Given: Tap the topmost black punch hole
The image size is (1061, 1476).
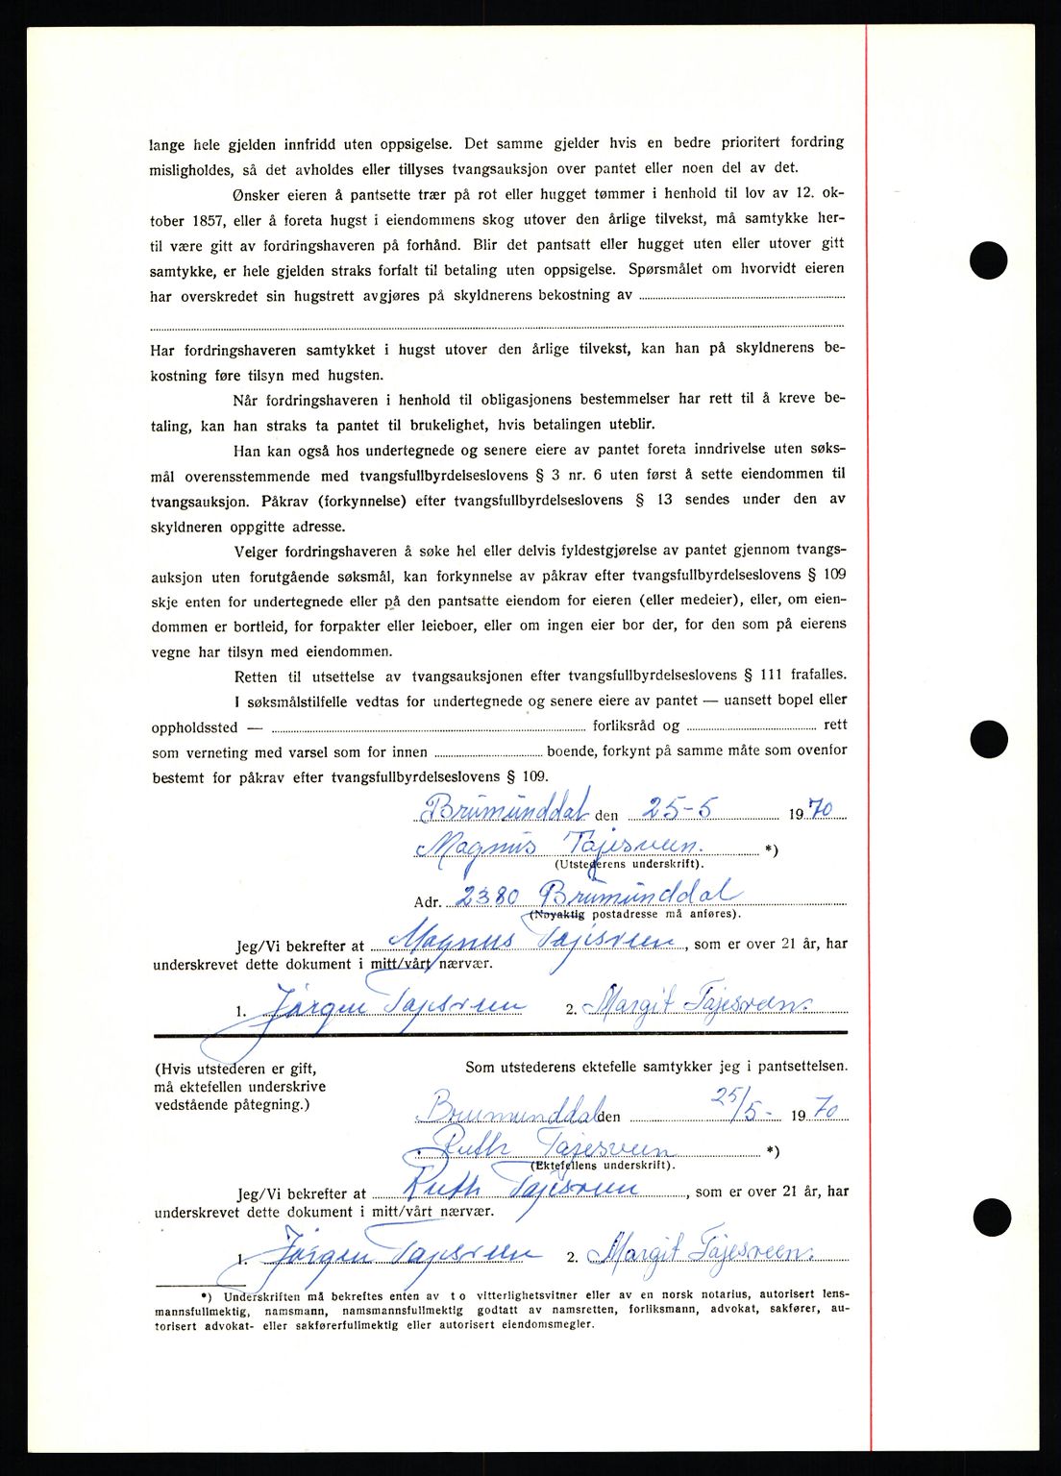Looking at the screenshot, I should [989, 259].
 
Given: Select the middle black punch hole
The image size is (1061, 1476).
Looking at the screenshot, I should [989, 738].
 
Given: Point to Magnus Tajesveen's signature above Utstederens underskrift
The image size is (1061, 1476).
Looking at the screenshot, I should [559, 845].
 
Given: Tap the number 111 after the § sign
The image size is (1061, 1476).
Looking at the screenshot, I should [765, 675].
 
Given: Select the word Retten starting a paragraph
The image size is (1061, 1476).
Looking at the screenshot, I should [257, 676].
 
